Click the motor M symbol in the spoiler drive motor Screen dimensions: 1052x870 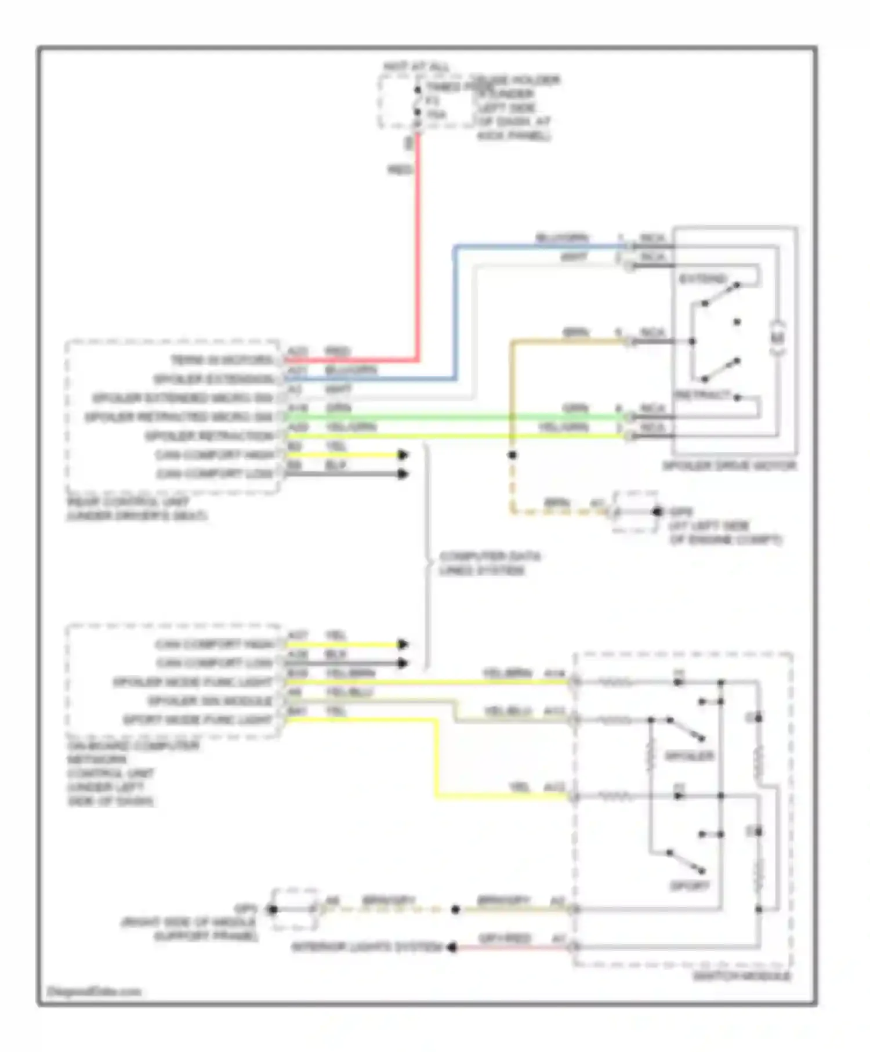click(x=779, y=338)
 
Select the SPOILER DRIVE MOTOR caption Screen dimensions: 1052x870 click(x=729, y=466)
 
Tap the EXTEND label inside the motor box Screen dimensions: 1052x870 click(x=702, y=279)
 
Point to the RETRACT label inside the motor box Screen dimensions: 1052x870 click(x=702, y=395)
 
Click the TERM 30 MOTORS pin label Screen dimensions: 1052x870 click(x=222, y=360)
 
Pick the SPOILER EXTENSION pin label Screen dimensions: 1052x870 click(x=213, y=379)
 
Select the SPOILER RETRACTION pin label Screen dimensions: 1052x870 click(x=209, y=436)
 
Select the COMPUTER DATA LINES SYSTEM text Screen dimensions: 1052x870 click(x=489, y=563)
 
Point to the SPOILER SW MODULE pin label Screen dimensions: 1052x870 click(x=210, y=701)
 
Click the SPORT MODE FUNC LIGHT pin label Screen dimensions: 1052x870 click(x=197, y=720)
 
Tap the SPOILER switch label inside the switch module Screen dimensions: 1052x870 click(x=689, y=756)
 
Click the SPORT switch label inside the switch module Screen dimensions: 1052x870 click(x=689, y=886)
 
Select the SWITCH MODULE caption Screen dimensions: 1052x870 click(x=742, y=977)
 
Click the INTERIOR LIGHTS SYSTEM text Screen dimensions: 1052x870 click(x=367, y=948)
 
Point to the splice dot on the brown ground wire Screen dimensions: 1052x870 click(x=512, y=455)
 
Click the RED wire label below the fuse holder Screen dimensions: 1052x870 click(x=400, y=170)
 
